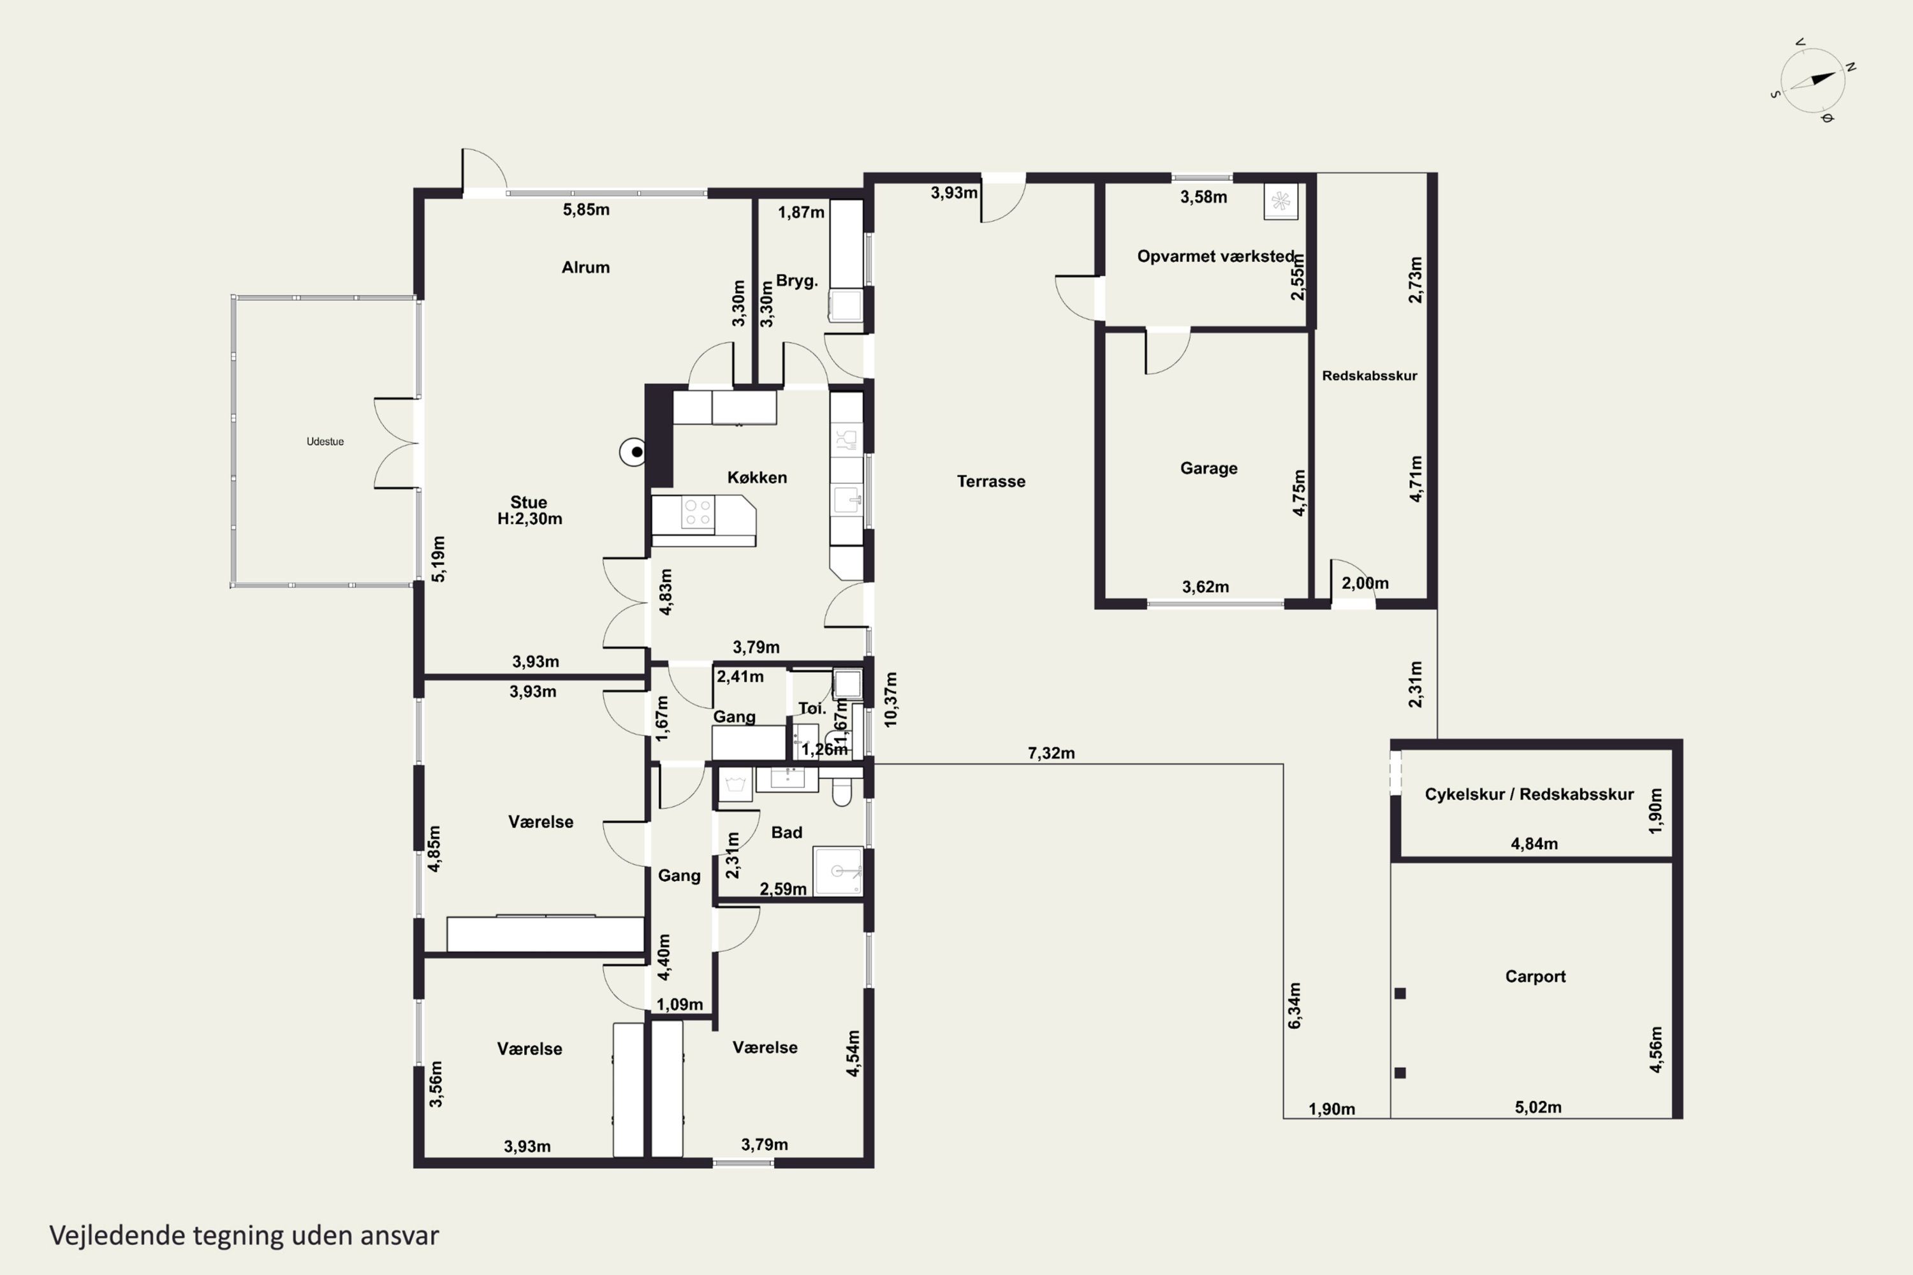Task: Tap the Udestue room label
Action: tap(325, 442)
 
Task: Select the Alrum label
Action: tap(585, 268)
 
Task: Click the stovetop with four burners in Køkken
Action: tap(698, 513)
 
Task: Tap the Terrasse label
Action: tap(991, 481)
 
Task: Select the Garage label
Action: tap(1208, 469)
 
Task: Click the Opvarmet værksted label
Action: tap(1215, 256)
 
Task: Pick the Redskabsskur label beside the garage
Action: tap(1370, 375)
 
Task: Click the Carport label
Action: tap(1536, 977)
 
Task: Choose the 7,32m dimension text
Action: tap(1052, 754)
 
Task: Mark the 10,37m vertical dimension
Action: tap(891, 699)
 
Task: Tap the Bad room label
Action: tap(786, 833)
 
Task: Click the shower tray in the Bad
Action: tap(838, 871)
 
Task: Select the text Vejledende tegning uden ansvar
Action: tap(244, 1235)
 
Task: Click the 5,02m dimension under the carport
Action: tap(1538, 1107)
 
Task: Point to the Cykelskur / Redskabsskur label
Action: tap(1529, 794)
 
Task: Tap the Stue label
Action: tap(529, 502)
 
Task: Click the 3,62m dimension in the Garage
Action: tap(1205, 587)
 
